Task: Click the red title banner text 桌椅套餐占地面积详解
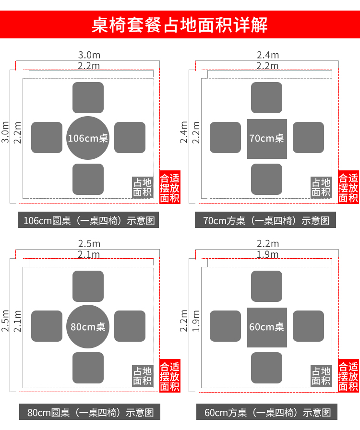pos(180,24)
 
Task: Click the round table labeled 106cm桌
pos(88,138)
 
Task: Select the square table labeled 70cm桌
pos(267,138)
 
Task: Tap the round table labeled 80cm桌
pos(88,326)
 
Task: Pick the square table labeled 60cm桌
pos(267,327)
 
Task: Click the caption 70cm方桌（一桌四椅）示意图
pos(266,221)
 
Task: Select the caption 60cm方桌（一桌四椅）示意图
pos(267,412)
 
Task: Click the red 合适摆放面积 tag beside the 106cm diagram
pos(170,188)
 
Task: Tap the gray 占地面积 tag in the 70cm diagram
pos(321,188)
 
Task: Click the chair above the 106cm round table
pos(88,97)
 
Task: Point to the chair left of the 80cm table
pos(47,326)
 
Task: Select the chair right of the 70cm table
pos(308,138)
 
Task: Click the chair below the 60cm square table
pos(266,368)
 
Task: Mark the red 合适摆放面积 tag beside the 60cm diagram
pos(348,376)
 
